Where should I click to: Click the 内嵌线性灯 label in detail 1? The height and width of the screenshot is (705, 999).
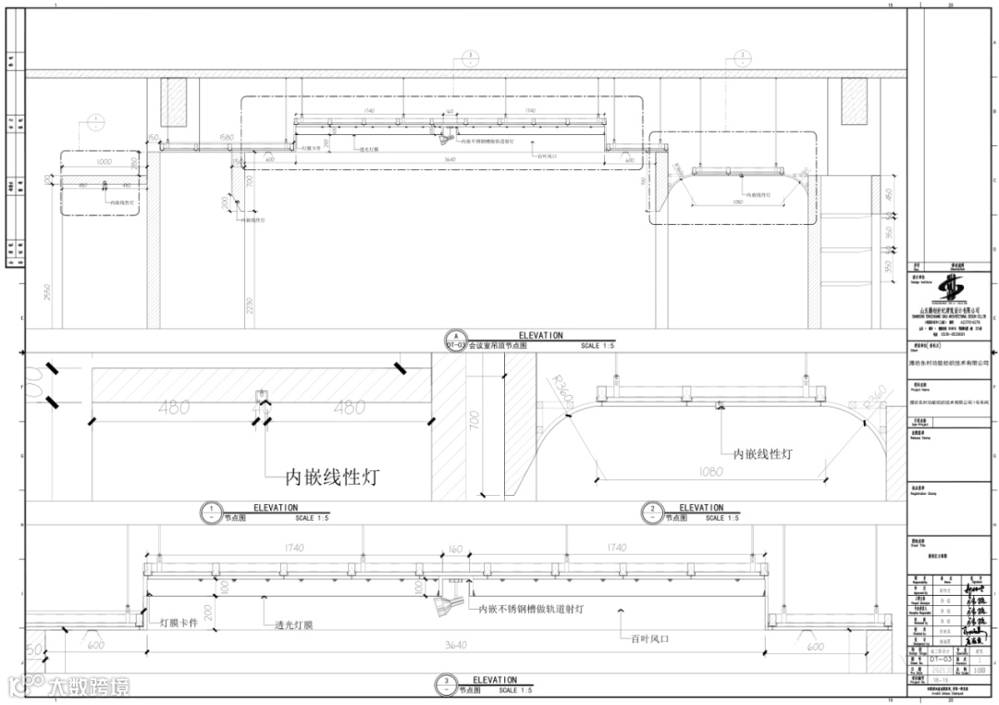331,477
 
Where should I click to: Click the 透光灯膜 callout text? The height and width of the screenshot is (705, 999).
288,625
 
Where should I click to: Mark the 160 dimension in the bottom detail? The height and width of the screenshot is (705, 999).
454,550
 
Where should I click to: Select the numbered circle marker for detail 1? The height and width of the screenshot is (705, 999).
212,512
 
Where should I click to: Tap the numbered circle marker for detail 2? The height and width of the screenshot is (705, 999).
652,512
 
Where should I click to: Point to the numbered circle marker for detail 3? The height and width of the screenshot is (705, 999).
447,686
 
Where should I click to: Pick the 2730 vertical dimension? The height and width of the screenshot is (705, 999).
250,306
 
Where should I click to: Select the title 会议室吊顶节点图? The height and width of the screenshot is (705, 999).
498,345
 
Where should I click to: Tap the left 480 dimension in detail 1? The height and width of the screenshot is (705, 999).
174,406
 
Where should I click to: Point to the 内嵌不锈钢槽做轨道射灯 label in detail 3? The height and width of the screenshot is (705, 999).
530,609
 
